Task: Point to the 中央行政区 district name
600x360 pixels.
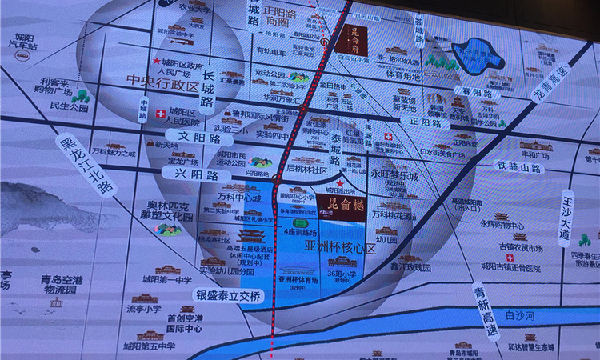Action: (165, 82)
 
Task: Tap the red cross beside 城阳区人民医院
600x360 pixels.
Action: (161, 113)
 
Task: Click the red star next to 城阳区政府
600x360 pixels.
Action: (156, 61)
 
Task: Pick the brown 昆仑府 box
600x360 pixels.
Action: (354, 37)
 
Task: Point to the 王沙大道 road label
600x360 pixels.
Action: (566, 217)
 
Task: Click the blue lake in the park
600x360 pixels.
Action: (478, 54)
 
